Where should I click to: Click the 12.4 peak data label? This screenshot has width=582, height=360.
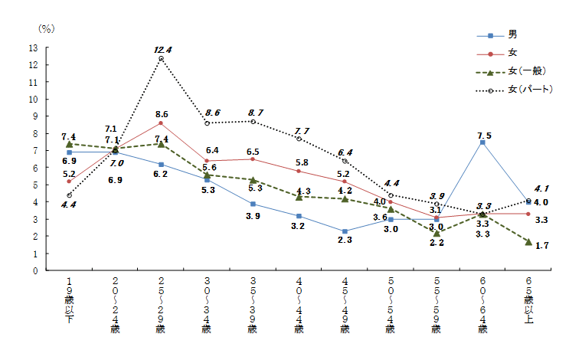(162, 50)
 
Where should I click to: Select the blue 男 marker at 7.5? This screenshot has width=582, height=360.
(482, 142)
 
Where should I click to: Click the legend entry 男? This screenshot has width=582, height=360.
(512, 35)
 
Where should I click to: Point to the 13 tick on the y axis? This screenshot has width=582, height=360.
(33, 47)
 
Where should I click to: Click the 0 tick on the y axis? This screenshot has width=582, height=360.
(35, 270)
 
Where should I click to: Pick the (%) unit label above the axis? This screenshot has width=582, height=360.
(46, 28)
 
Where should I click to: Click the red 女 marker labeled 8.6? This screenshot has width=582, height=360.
(161, 123)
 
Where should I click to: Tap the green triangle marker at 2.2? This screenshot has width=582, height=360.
(436, 233)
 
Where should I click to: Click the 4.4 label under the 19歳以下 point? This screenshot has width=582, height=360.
(68, 205)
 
